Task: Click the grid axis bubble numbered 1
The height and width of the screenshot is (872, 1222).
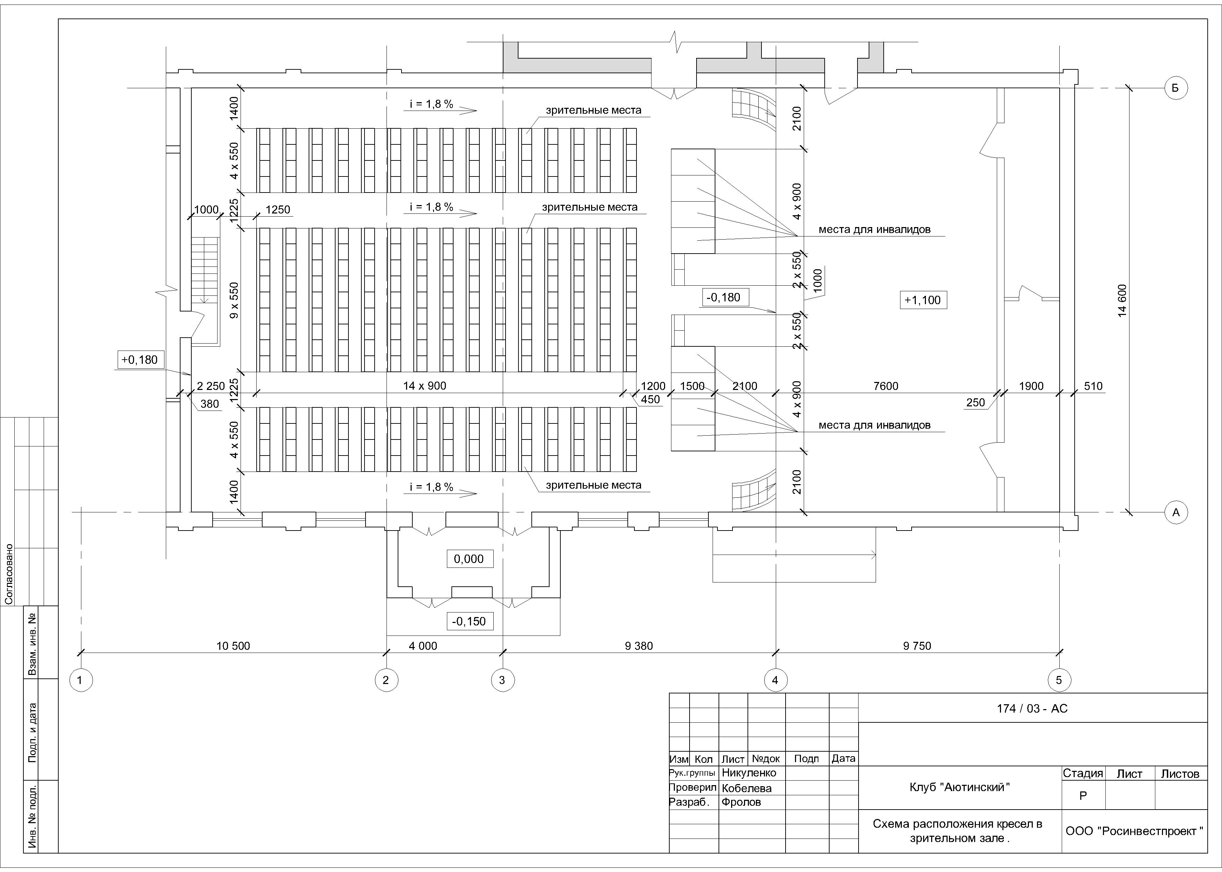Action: [x=81, y=680]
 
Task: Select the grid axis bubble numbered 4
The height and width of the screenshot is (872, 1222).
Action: [x=775, y=680]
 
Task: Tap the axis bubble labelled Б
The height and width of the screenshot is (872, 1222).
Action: [x=1175, y=88]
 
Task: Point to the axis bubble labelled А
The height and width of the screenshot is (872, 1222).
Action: [x=1175, y=512]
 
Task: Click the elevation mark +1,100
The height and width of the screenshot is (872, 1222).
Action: [x=923, y=300]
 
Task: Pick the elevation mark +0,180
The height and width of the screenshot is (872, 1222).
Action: [x=140, y=360]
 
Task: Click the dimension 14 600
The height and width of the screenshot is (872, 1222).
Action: [x=1122, y=301]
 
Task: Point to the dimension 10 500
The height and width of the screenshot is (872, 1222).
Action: [x=233, y=646]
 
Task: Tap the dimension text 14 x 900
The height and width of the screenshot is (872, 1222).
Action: [x=425, y=385]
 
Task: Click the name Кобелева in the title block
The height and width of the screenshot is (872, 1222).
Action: [x=746, y=788]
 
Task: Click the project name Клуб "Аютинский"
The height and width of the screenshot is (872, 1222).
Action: [x=959, y=788]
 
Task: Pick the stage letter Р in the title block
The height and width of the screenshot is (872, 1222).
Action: [x=1083, y=796]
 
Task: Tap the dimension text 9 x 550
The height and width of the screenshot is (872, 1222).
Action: [x=234, y=301]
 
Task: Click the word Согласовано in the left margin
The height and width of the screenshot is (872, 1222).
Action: [x=9, y=574]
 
